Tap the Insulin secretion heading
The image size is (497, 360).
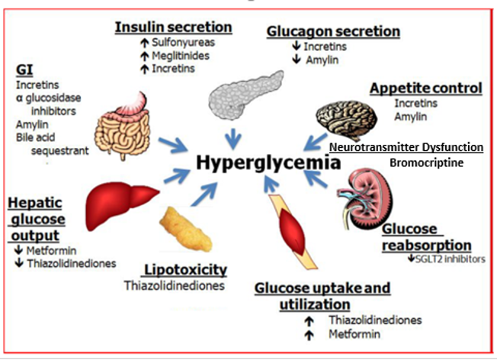click(x=173, y=28)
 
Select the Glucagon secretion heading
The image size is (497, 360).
click(x=333, y=31)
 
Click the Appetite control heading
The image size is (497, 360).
click(x=425, y=88)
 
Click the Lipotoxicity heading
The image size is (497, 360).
click(x=184, y=269)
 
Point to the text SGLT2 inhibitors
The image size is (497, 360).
click(x=451, y=259)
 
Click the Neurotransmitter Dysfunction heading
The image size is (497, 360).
click(x=406, y=146)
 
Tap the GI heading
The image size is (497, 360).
click(x=24, y=71)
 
